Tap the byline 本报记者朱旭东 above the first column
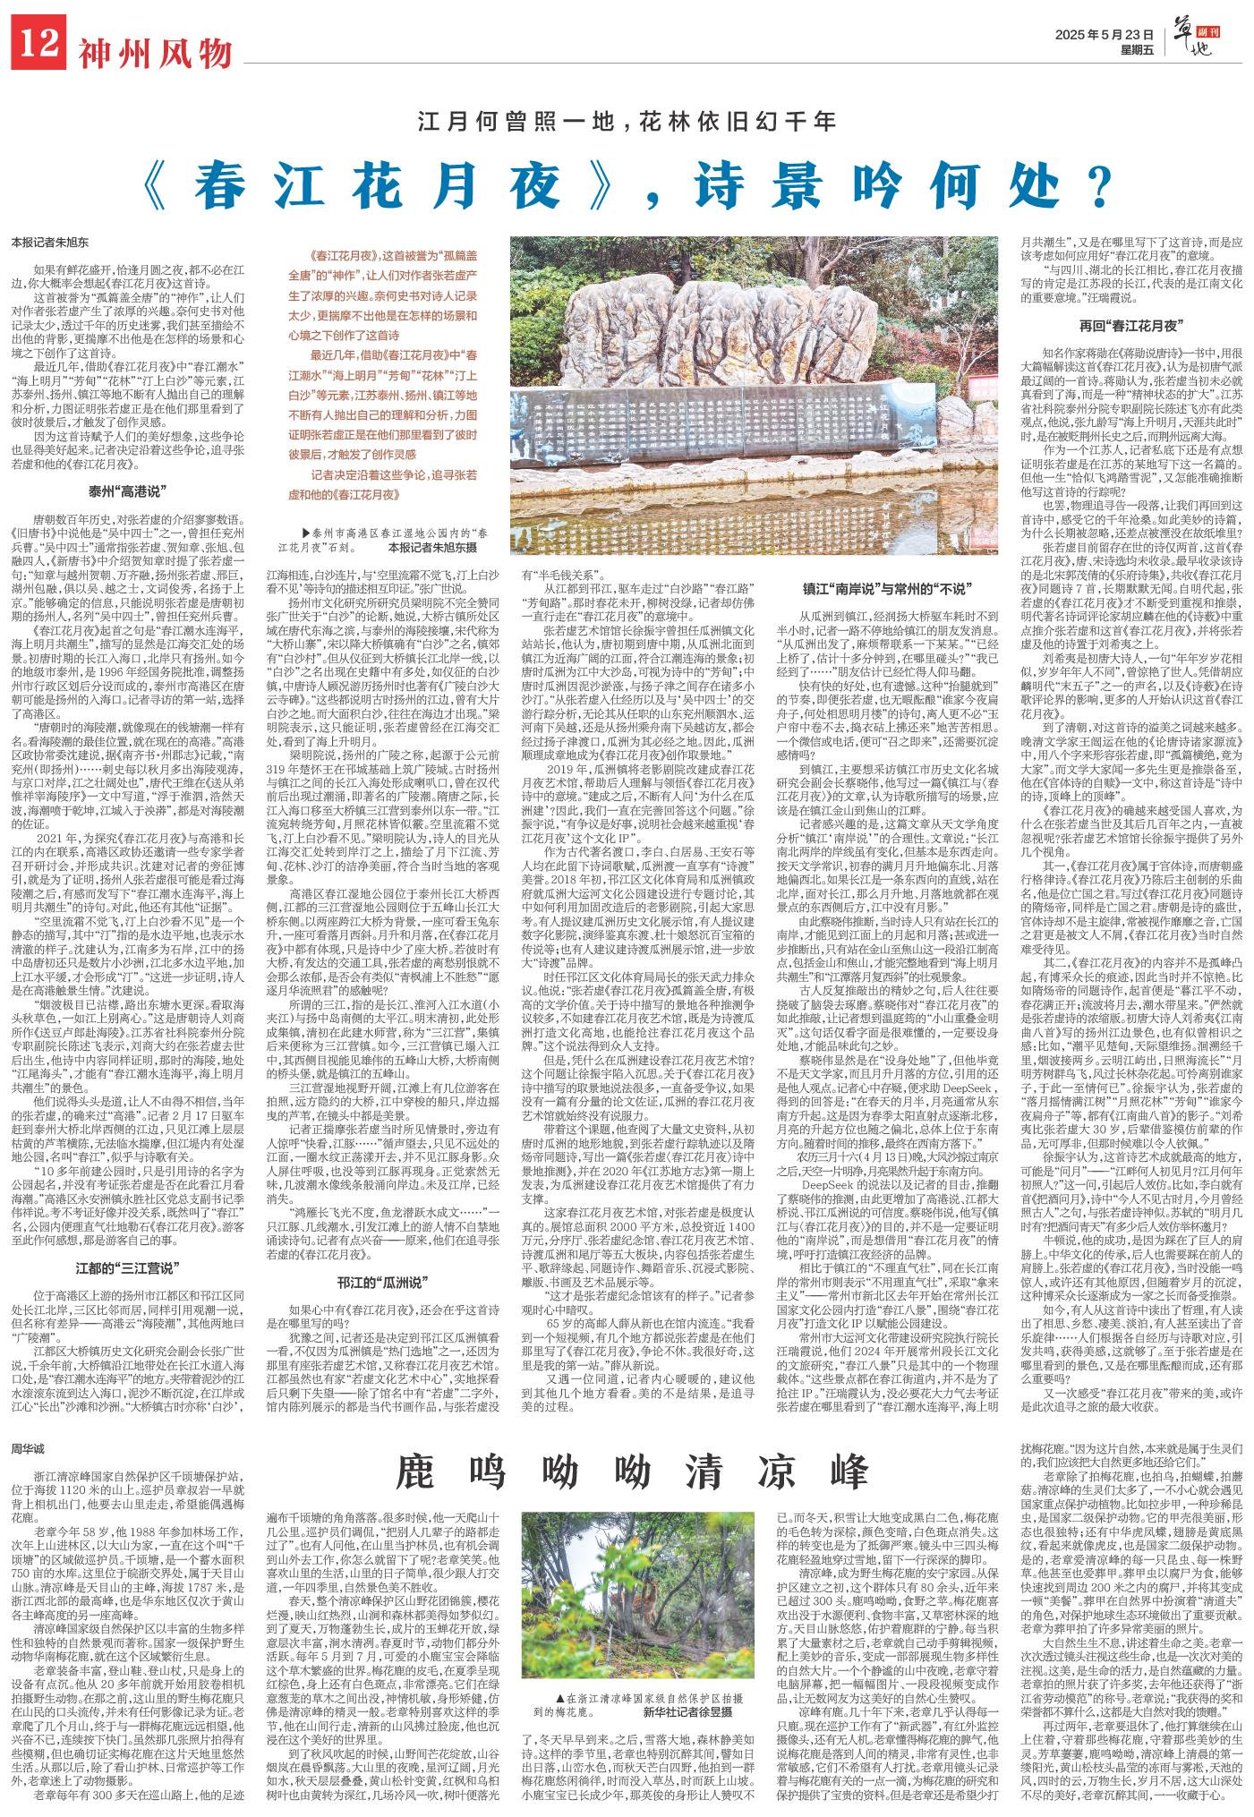[50, 242]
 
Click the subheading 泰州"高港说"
[129, 491]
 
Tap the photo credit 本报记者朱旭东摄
[445, 546]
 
